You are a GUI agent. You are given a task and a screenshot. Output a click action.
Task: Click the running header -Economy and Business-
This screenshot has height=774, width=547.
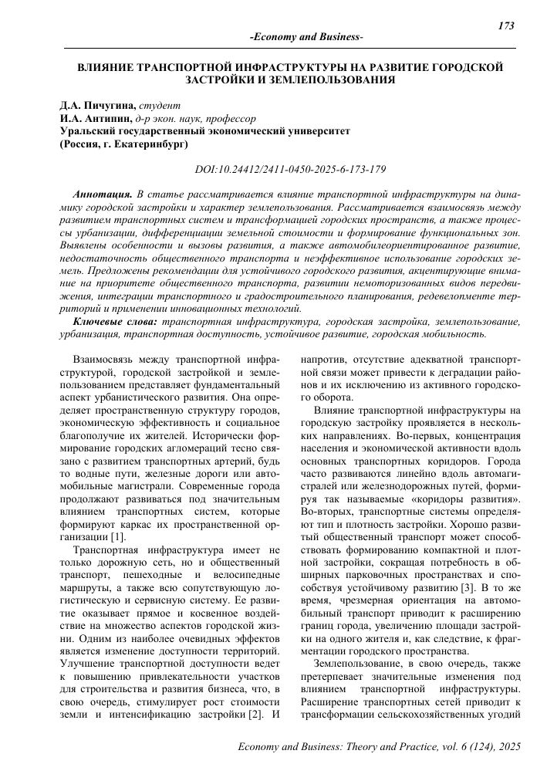(308, 38)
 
